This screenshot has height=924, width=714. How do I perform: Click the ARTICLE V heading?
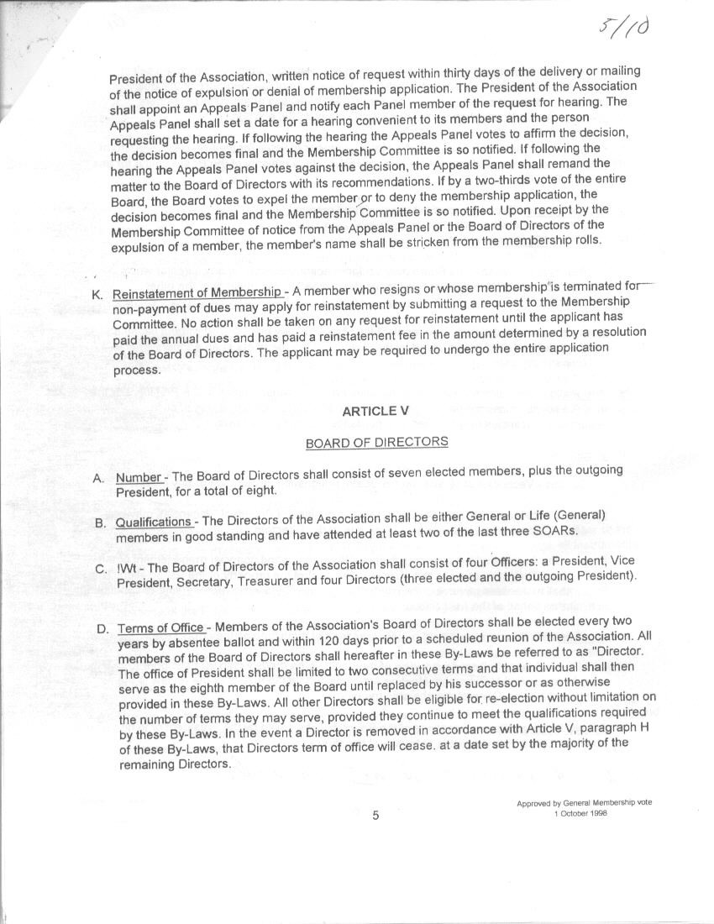pyautogui.click(x=369, y=411)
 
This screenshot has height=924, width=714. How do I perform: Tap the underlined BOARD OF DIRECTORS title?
pyautogui.click(x=376, y=442)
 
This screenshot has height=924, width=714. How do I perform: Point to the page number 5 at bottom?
pyautogui.click(x=375, y=815)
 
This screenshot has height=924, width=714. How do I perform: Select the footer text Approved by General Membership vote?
pyautogui.click(x=584, y=802)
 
